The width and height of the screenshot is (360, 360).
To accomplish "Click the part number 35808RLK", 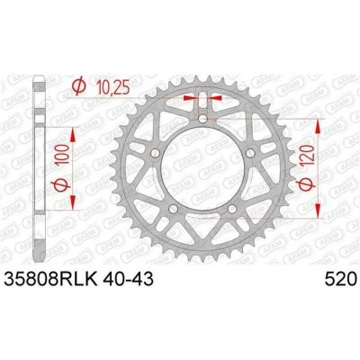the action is pyautogui.click(x=50, y=280).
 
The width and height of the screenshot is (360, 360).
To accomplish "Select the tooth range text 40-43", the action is pyautogui.click(x=128, y=280).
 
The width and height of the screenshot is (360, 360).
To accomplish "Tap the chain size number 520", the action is pyautogui.click(x=340, y=280).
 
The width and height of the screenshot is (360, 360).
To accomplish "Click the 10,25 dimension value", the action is pyautogui.click(x=112, y=88).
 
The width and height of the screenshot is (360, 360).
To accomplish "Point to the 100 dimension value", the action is pyautogui.click(x=63, y=154).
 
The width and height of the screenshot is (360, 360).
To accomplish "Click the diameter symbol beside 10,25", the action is pyautogui.click(x=79, y=85).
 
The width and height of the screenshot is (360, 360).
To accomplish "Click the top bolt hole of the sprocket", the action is pyautogui.click(x=202, y=118).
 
